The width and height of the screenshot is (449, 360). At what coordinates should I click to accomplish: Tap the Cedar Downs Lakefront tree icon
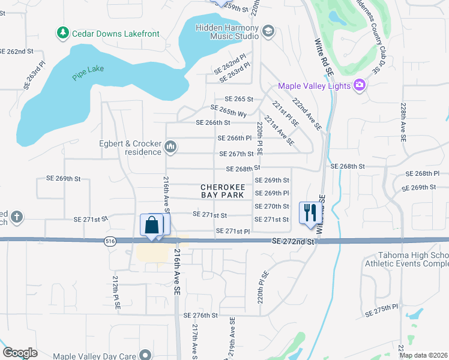coord(62,34)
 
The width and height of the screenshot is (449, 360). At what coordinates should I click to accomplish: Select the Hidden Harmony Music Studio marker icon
coord(268,32)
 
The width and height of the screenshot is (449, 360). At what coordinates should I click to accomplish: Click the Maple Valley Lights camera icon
coord(359,86)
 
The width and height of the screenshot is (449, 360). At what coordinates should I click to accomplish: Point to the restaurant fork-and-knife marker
coord(310,213)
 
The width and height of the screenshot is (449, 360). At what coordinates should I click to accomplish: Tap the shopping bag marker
coord(152,226)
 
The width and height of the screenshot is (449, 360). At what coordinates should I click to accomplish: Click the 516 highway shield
coord(109,241)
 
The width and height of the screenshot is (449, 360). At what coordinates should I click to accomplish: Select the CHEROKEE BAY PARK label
coord(222,191)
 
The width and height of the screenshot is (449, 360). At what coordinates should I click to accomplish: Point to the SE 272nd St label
coord(293,241)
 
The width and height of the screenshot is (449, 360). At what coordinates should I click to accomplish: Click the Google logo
coord(20,352)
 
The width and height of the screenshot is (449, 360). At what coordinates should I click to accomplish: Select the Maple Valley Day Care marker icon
coord(144,356)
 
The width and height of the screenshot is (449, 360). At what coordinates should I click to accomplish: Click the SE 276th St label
coord(200,315)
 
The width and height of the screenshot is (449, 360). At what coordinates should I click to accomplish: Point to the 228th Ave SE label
coord(403,120)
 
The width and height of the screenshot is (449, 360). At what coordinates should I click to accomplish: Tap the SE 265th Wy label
coord(229,110)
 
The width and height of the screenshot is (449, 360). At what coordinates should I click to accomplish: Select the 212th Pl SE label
coord(116,292)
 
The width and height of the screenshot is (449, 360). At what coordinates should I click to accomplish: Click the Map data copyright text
coord(423,355)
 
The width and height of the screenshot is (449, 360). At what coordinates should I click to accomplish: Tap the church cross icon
coord(17,217)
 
